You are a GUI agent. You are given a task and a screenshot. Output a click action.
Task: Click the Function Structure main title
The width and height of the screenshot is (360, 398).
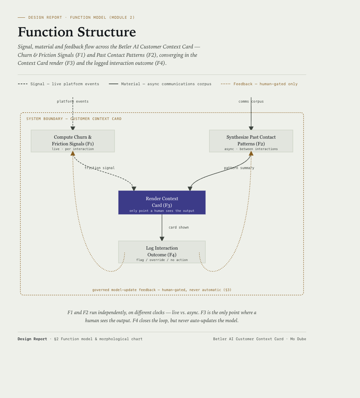point(76,32)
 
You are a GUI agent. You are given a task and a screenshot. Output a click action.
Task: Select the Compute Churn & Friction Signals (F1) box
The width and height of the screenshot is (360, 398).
point(73,141)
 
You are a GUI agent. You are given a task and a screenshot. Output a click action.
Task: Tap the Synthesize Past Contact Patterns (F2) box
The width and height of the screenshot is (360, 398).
point(251,141)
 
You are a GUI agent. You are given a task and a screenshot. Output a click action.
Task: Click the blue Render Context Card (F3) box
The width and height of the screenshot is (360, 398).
point(162,203)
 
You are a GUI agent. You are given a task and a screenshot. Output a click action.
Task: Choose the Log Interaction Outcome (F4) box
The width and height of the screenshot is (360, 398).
point(162,252)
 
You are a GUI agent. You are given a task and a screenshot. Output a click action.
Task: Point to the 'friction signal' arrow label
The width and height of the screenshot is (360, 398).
point(100,168)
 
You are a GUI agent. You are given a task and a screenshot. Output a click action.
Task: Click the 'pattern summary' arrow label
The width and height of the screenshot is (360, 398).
point(239,168)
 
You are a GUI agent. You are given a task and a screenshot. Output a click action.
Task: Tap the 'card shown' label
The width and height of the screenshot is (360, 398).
point(179,228)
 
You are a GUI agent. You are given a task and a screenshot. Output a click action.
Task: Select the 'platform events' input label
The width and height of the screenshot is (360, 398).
point(73,101)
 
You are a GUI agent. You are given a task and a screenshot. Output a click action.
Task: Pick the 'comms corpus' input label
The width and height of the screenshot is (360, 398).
point(251,101)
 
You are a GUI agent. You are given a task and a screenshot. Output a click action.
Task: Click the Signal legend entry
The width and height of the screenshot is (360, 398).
point(58,84)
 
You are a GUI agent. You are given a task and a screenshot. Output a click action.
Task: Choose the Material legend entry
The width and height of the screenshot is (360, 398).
point(160,84)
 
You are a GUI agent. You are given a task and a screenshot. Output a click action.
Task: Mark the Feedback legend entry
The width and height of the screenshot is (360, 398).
point(259,84)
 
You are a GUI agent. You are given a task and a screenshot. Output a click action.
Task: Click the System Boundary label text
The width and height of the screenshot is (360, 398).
point(74,119)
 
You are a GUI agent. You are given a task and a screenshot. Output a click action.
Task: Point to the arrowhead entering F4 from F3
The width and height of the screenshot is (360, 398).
point(162,239)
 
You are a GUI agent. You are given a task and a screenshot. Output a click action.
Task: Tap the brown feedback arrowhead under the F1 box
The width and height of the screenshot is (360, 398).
point(73,153)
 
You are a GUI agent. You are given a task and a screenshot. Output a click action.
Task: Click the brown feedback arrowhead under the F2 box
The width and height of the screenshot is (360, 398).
point(251,153)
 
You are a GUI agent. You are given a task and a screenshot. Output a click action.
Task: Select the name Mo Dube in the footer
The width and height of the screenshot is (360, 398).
point(298,339)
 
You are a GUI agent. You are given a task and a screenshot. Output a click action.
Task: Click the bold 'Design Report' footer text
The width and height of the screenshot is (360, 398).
point(32,339)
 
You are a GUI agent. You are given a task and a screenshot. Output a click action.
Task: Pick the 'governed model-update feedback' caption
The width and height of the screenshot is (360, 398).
point(162,290)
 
